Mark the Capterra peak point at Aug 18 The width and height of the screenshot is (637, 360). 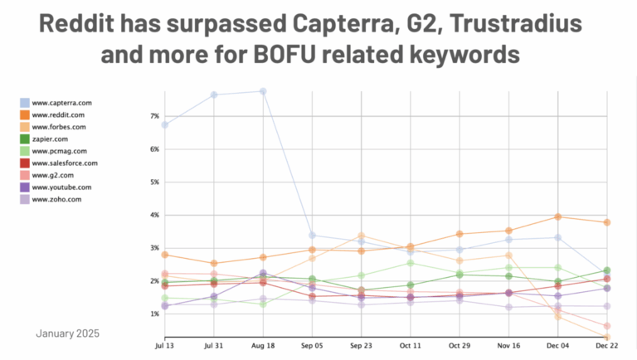point(263,91)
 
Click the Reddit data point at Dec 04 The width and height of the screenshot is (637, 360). point(557,216)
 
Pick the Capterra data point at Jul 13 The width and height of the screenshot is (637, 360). point(165,124)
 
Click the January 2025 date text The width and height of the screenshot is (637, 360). point(67,333)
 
